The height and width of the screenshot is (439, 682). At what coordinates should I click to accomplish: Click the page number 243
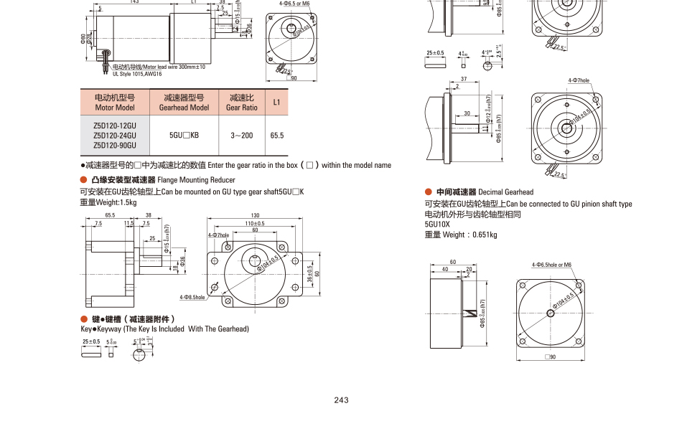click(341, 400)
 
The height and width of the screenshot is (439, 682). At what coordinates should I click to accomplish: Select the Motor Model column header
click(115, 102)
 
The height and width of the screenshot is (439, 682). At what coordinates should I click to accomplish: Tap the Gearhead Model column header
click(184, 102)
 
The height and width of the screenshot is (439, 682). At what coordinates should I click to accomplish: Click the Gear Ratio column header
click(241, 102)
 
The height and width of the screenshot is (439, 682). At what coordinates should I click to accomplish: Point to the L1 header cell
click(276, 102)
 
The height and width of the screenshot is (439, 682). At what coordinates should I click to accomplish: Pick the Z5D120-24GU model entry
click(115, 135)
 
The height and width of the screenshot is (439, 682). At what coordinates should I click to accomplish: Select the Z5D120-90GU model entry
click(115, 144)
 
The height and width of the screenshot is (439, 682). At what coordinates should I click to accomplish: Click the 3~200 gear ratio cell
click(241, 135)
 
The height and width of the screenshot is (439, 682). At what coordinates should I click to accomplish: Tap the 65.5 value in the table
click(276, 135)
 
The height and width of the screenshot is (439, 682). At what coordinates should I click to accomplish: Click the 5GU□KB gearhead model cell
click(184, 135)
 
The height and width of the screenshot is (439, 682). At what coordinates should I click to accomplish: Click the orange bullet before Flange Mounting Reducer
click(83, 179)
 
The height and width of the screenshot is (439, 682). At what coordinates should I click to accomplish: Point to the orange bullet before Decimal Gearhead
click(428, 192)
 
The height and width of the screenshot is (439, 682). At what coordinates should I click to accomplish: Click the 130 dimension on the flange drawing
click(255, 215)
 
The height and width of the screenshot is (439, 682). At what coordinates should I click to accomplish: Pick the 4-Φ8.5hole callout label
click(192, 297)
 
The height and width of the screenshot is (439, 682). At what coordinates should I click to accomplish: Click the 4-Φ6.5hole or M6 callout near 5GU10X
click(551, 265)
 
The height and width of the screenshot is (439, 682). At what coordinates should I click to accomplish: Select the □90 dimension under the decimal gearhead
click(551, 357)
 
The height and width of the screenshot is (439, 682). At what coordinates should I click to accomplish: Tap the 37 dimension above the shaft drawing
click(464, 78)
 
